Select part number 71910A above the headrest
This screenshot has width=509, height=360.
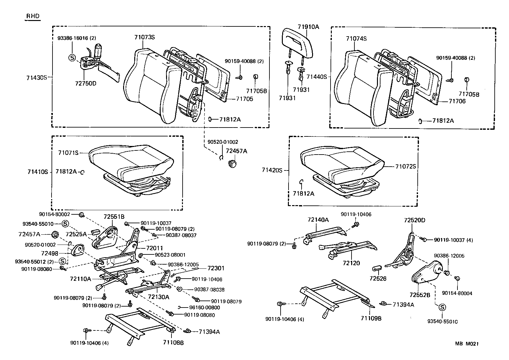(308, 27)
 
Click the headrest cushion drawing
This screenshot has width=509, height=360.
(298, 39)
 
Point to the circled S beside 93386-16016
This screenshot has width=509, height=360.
(72, 58)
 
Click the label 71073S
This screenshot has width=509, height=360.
(144, 37)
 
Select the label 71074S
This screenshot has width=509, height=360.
(356, 39)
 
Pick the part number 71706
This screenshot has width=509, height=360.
(457, 101)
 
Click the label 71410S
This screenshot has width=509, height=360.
(37, 172)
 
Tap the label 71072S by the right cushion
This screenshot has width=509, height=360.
(405, 166)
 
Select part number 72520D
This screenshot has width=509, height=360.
(415, 220)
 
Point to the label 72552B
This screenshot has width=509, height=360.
(420, 295)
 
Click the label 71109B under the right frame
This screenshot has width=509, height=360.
(371, 318)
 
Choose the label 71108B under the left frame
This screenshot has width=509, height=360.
(173, 343)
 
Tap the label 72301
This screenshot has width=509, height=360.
(216, 268)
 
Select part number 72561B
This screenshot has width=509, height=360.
(114, 217)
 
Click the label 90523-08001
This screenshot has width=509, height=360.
(170, 255)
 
